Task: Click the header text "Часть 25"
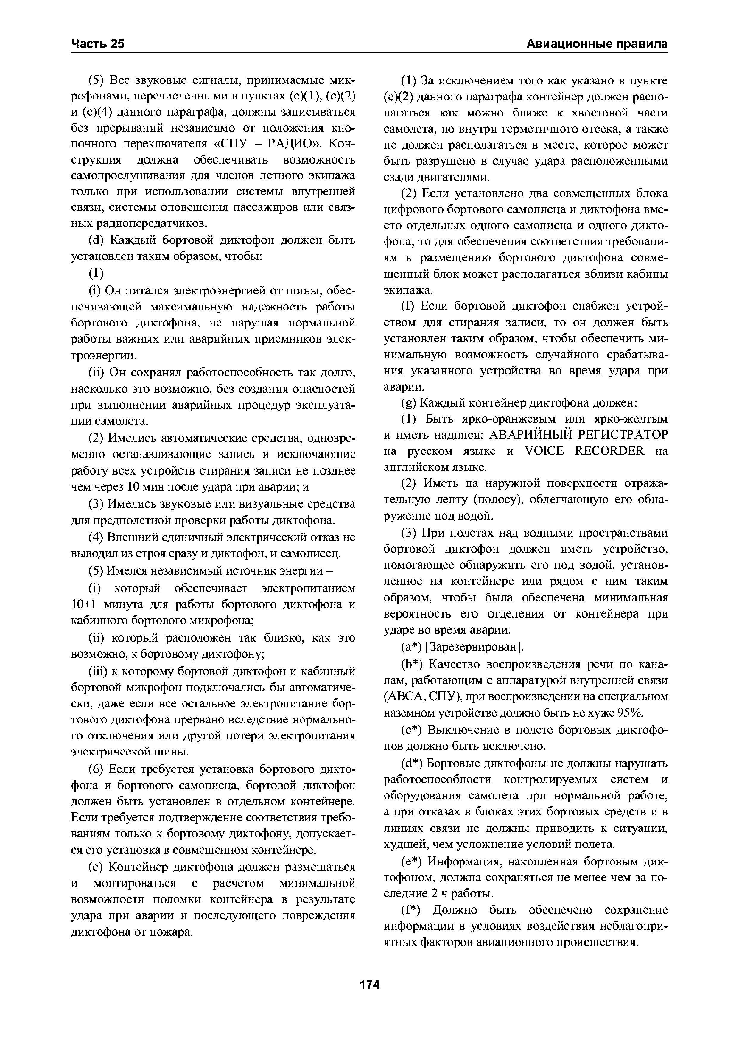click(98, 44)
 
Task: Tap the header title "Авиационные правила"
click(597, 44)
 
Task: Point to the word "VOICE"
click(544, 451)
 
